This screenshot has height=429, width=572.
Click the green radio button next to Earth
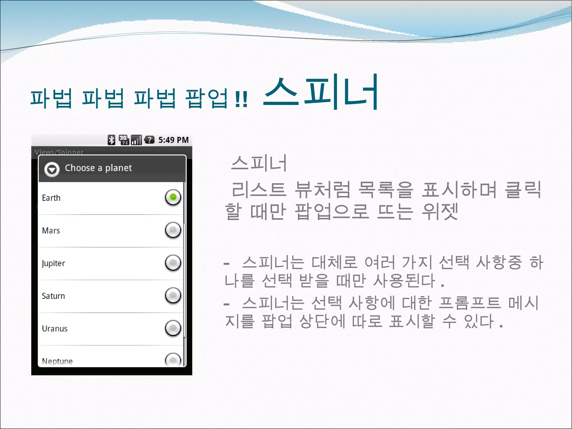click(173, 197)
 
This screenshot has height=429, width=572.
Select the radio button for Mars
click(173, 230)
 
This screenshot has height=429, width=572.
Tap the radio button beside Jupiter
click(173, 263)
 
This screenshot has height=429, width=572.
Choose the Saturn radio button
click(173, 295)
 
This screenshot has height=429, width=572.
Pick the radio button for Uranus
click(173, 328)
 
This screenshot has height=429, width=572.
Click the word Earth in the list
click(51, 198)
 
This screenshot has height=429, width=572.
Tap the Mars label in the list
click(51, 230)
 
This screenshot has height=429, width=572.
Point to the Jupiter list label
click(53, 263)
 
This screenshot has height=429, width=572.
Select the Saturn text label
click(53, 296)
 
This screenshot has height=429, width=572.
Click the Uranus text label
click(55, 328)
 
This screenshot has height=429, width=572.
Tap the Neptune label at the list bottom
click(57, 361)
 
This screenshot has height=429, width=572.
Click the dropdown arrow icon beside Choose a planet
click(52, 169)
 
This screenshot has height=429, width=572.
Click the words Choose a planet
click(98, 168)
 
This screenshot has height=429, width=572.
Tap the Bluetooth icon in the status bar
click(111, 140)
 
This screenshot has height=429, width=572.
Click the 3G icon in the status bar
click(124, 140)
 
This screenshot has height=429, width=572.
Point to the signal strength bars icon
click(136, 140)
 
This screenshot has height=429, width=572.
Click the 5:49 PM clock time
click(173, 140)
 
